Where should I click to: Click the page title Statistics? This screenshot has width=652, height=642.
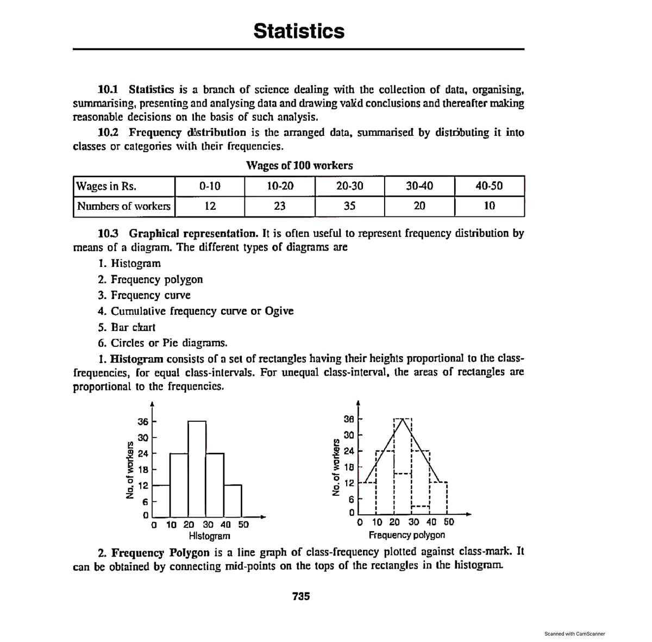tap(299, 31)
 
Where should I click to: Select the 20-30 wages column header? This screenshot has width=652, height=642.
tap(349, 186)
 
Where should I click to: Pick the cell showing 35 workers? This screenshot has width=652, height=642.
tap(349, 206)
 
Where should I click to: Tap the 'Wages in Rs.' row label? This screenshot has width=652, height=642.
tap(107, 186)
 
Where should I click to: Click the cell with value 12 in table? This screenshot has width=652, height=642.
tap(210, 206)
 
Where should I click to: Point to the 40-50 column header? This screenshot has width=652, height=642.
tap(489, 186)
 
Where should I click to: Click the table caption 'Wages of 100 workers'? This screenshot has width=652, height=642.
tap(299, 165)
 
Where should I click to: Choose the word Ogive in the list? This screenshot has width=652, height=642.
tap(279, 311)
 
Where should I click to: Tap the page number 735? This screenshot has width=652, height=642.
tap(300, 596)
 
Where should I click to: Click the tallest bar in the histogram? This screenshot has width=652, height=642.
tap(197, 468)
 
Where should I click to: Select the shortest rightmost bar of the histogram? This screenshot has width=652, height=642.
tap(233, 500)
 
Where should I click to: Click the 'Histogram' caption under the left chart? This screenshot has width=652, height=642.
tap(209, 535)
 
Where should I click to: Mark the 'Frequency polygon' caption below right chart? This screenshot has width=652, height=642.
tap(406, 535)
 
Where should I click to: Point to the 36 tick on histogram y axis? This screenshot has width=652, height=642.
tap(143, 421)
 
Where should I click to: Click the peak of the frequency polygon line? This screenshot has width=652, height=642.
tap(403, 420)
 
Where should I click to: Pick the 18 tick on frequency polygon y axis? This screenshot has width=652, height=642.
tap(350, 466)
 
